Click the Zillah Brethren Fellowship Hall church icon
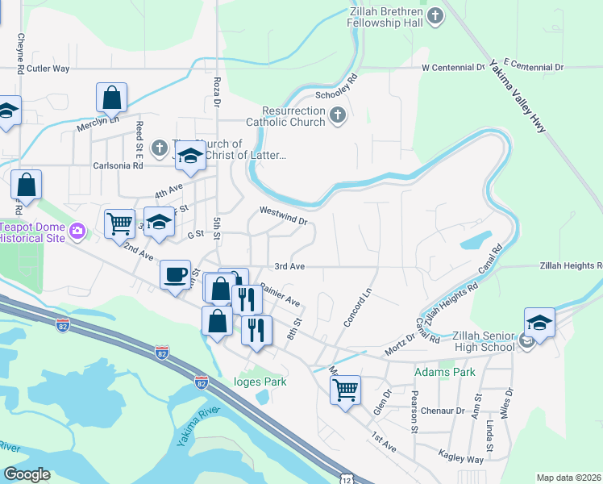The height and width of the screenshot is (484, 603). [435, 15]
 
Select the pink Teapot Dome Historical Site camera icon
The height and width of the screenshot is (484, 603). [77, 232]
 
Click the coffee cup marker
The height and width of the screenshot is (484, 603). [176, 275]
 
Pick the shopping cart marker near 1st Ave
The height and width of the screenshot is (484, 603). [346, 390]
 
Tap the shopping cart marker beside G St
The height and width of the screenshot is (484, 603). [119, 222]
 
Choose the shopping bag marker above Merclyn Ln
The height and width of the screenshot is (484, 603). [112, 98]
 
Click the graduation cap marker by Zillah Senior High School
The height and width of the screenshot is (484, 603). [539, 323]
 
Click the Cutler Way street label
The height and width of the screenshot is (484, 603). [50, 69]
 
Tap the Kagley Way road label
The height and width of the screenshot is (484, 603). [461, 457]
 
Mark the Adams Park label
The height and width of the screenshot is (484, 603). [444, 372]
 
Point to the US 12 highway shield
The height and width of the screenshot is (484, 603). [345, 478]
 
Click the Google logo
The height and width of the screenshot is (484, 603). [27, 474]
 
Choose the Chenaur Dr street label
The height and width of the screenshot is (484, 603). [443, 411]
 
